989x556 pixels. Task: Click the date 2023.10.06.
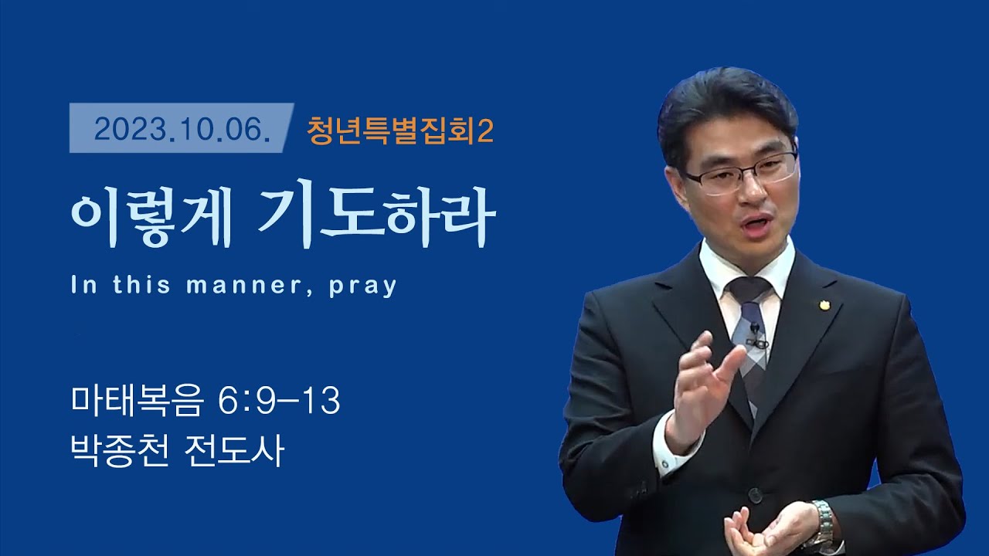[x=182, y=130]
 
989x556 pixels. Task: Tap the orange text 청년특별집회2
[x=399, y=131]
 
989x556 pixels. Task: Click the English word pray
[x=362, y=286]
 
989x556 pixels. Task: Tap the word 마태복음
[x=138, y=402]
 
